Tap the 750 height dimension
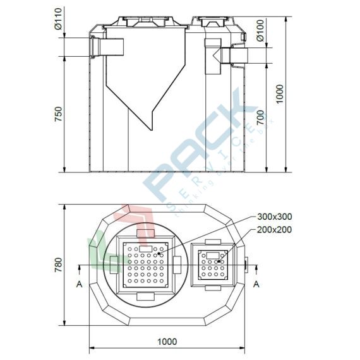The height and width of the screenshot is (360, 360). [x=58, y=114]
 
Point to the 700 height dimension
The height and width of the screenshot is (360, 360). [x=259, y=117]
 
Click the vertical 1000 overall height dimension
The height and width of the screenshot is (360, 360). [x=280, y=94]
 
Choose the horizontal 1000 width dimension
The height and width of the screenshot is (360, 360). [x=167, y=341]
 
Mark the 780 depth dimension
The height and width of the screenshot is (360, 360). [x=58, y=265]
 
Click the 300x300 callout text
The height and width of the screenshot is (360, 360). [x=275, y=217]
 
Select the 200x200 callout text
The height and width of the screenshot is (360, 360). [x=275, y=229]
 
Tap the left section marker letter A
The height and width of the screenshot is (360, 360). [x=79, y=284]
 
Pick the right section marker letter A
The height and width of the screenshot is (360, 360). [x=256, y=284]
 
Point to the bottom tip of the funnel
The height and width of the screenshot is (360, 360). [x=151, y=128]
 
